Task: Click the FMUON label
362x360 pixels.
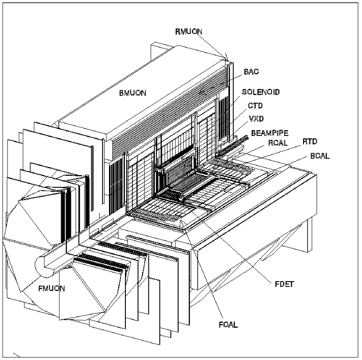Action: tap(51, 288)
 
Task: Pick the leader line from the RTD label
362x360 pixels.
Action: tap(275, 150)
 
